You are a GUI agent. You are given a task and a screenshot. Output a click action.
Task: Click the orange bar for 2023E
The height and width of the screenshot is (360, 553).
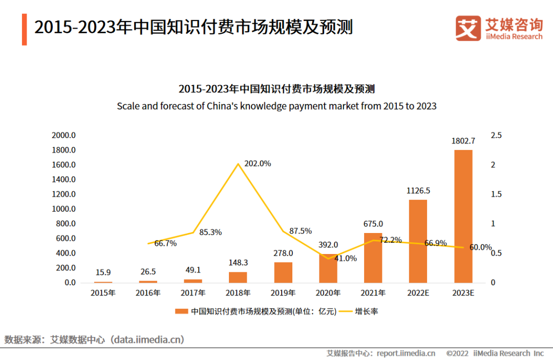pos(463,216)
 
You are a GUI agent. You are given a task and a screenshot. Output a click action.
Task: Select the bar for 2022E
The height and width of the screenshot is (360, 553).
pos(418,241)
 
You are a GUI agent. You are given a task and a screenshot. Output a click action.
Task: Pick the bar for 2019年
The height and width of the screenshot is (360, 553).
pos(283,272)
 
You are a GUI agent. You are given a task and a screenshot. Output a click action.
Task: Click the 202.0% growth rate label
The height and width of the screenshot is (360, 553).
pos(258,164)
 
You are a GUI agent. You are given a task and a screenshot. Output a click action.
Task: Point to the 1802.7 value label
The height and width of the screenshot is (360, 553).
pos(463,141)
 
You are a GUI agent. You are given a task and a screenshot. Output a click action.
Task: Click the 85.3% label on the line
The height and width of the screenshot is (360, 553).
pos(210,232)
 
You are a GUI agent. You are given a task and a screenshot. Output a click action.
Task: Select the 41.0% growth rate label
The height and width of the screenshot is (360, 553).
pos(345,258)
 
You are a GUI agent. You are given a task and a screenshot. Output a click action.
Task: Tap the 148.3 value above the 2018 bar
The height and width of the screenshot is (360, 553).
pos(238,262)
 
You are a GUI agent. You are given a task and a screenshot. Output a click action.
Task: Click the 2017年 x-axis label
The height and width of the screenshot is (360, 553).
pos(193,293)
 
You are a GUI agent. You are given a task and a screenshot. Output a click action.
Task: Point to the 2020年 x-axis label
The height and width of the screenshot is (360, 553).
pos(328,293)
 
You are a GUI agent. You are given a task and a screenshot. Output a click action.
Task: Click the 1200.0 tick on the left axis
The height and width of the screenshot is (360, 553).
pos(63,194)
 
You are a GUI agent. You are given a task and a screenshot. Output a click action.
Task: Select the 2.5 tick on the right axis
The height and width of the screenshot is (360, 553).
pos(496,135)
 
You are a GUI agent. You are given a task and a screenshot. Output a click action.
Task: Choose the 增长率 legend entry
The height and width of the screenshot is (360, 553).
pos(367,311)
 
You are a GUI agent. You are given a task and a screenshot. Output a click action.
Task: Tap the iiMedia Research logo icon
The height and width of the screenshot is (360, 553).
pos(468,28)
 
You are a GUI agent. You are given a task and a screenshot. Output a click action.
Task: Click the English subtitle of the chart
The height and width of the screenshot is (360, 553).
pos(276,106)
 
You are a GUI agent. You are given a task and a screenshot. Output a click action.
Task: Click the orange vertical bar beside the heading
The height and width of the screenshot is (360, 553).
pos(24,29)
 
